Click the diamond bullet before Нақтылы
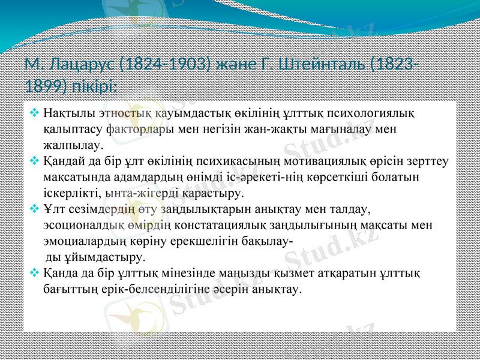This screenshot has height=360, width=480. pos(35,112)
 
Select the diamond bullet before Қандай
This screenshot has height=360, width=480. pos(35,161)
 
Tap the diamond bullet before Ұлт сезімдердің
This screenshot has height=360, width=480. pos(35,209)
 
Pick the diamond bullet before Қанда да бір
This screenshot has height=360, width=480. pos(35,274)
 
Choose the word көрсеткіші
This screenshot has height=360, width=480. pos(340,177)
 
